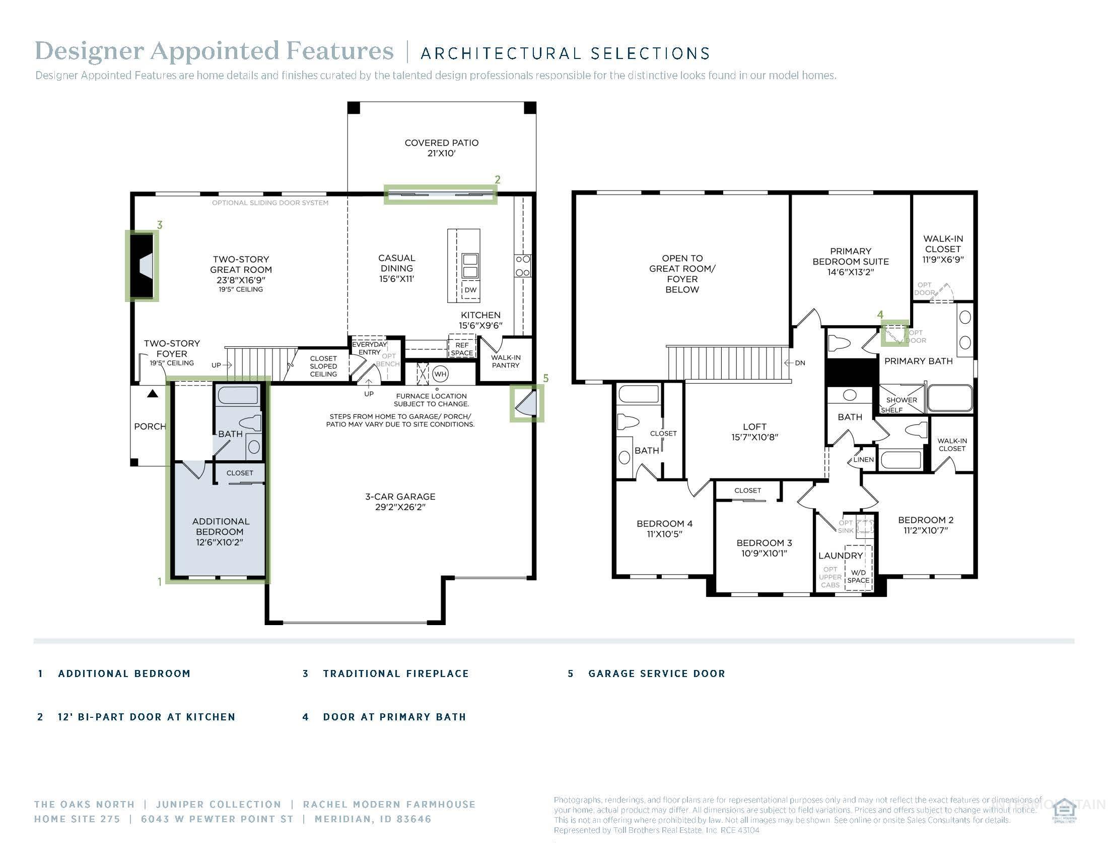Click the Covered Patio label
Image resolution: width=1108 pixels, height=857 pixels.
441,143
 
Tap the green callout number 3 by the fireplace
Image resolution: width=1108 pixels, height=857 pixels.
160,225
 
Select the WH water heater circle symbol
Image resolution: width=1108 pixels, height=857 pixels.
440,374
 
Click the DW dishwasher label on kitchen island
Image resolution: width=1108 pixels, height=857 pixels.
470,290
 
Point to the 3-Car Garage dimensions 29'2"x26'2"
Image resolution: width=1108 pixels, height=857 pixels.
400,507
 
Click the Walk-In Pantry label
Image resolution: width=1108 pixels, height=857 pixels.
505,361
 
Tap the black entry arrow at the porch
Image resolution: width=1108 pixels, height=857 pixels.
153,394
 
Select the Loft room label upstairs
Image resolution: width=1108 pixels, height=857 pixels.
754,427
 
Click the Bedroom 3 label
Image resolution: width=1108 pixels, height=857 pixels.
764,543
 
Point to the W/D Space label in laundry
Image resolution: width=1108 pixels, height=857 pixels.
858,576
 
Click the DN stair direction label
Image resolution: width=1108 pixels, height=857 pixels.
800,363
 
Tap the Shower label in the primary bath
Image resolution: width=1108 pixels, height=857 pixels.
901,400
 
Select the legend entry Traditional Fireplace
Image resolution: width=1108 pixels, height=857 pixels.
396,674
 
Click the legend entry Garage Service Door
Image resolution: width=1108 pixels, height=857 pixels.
656,674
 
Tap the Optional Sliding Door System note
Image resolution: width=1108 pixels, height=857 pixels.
270,203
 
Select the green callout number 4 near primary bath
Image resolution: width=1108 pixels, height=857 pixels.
880,315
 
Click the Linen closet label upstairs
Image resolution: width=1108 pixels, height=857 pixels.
863,459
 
